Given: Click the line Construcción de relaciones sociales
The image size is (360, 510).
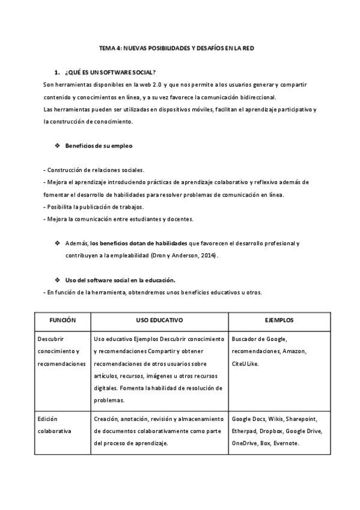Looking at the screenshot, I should coord(95,170).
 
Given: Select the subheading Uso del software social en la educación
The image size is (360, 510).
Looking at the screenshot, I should coord(120,280).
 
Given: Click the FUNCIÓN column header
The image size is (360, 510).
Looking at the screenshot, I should coord(63,320).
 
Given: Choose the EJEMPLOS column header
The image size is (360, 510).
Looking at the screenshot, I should coord(279,320).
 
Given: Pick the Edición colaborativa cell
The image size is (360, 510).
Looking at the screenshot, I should coord(54,425).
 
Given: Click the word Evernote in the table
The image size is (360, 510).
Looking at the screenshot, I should coord(287,443).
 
